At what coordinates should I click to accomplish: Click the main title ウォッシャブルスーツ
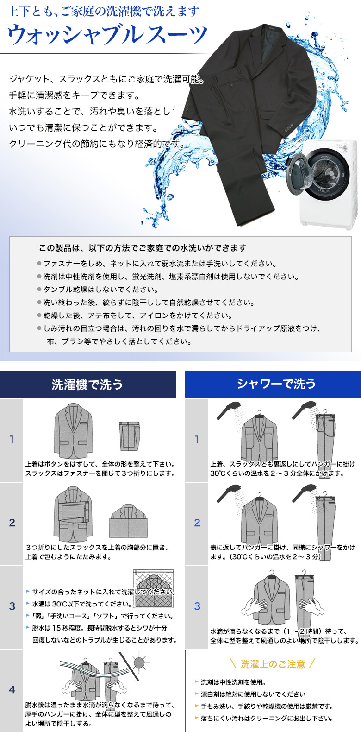tap(107, 35)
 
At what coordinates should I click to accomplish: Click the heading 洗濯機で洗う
tap(87, 385)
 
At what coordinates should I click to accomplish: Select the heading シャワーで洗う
tap(276, 384)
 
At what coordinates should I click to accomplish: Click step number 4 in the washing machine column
tap(12, 689)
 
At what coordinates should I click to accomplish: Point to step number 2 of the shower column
tap(197, 523)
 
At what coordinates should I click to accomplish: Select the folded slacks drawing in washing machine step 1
tap(129, 436)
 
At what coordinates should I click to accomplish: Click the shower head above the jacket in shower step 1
tap(229, 410)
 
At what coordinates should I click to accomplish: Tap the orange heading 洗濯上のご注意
tap(273, 664)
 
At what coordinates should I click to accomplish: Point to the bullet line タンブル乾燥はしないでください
tap(100, 290)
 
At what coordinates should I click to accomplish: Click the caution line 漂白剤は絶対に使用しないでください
tap(253, 694)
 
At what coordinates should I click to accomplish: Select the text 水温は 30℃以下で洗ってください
tap(82, 604)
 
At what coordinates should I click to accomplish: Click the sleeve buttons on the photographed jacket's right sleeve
tap(289, 127)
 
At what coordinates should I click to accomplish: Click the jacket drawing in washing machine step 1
tap(74, 431)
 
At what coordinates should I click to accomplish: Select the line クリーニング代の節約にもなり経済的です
tap(97, 144)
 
